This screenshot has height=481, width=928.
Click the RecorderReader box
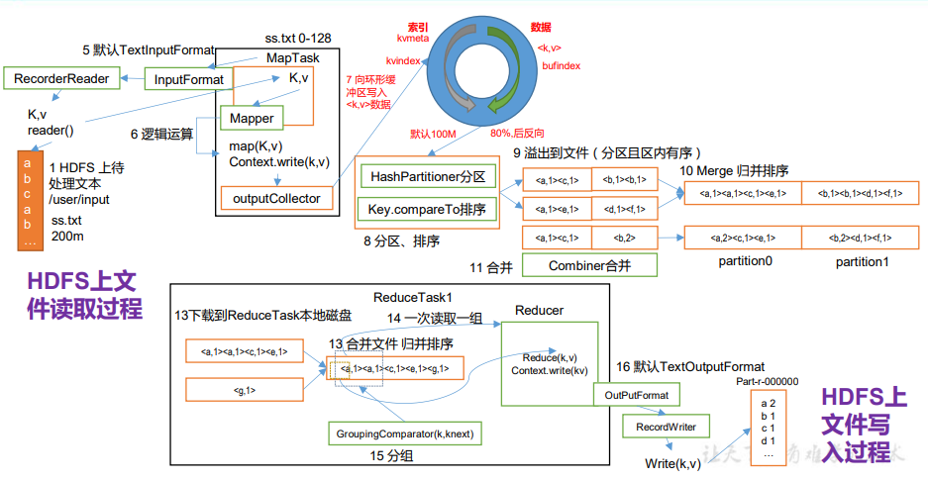[x=61, y=77]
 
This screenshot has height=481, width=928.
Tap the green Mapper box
[x=252, y=119]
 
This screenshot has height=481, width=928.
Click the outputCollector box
[x=276, y=199]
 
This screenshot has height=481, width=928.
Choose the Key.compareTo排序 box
[x=427, y=210]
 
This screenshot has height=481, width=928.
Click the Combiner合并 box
[x=589, y=265]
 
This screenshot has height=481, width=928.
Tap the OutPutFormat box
[x=636, y=396]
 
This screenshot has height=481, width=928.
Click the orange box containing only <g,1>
[x=244, y=391]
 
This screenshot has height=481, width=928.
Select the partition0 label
[x=745, y=262]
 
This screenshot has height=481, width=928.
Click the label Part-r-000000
[x=768, y=381]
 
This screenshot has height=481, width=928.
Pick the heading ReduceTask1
[x=413, y=297]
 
